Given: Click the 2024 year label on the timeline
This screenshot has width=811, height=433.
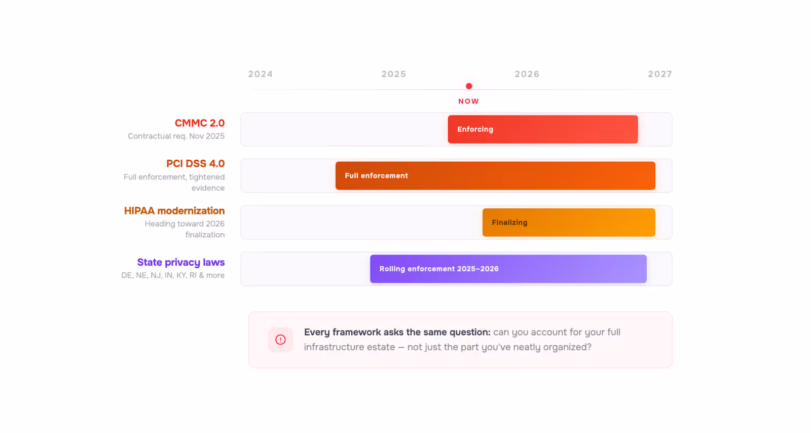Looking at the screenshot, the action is (261, 74).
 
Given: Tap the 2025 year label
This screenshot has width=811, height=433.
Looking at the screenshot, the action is (393, 74).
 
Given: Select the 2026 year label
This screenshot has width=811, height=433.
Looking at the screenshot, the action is (527, 74).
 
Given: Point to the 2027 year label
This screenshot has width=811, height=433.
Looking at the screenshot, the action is (660, 74).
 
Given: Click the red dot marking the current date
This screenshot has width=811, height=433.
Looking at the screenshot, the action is (469, 86).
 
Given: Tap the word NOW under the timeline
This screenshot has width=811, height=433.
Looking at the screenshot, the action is (468, 101).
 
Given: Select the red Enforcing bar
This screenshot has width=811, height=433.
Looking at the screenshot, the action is (543, 129).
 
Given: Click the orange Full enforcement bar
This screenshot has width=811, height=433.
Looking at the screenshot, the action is (495, 175).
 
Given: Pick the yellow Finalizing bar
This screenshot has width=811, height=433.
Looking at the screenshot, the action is (569, 222).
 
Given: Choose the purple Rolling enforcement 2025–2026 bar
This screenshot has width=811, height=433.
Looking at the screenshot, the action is (508, 269).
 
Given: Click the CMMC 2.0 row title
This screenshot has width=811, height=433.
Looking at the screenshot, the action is (200, 123).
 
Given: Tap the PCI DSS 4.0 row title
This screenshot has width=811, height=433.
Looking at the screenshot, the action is (196, 164).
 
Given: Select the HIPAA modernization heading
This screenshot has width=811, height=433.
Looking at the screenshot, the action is (174, 211).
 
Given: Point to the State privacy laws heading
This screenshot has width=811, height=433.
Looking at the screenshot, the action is (180, 262).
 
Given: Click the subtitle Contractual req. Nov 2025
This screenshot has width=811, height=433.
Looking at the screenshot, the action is (176, 136).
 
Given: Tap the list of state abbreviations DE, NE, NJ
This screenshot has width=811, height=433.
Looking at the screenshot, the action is (173, 275).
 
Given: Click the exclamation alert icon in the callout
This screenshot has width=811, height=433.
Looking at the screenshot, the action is (280, 340).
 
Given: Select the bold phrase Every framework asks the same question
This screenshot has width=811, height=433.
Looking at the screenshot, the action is (397, 332).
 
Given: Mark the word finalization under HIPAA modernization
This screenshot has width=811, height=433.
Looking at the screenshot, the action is (205, 235).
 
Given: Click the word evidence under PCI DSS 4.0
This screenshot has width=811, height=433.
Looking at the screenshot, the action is (208, 188).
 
